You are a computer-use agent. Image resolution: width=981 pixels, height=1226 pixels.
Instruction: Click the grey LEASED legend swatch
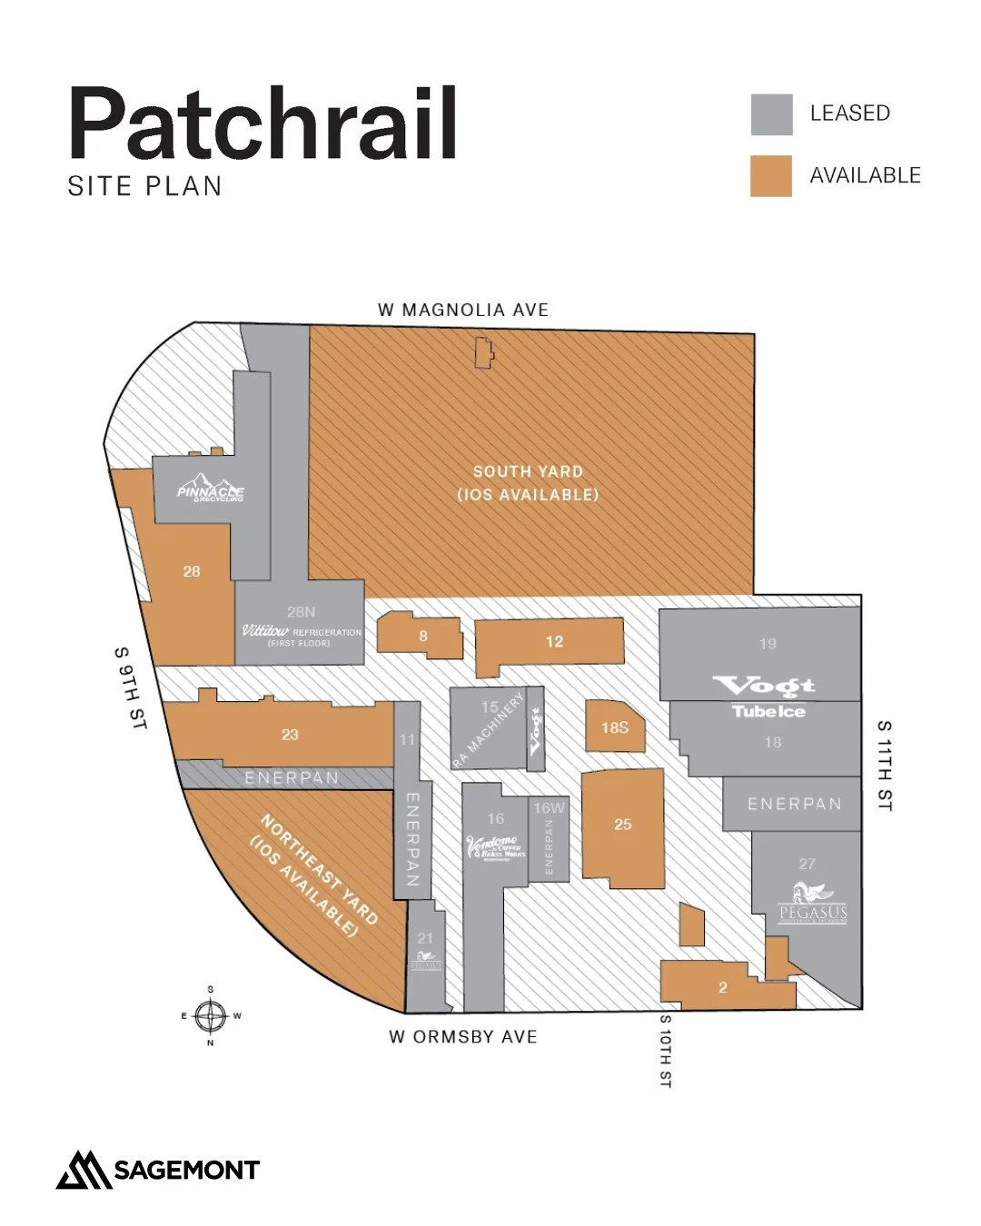(x=771, y=114)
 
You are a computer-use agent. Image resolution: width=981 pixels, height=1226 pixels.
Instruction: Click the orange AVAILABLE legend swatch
(x=771, y=176)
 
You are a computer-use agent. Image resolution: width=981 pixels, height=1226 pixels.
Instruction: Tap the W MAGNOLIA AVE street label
(x=463, y=311)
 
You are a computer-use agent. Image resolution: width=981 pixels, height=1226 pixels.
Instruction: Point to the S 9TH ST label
(x=130, y=688)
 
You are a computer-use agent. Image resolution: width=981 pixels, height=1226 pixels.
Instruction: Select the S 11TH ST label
(x=884, y=765)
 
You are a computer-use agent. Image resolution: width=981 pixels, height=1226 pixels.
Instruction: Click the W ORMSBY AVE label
(x=463, y=1037)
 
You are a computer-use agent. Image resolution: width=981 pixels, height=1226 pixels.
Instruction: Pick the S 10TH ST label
(x=666, y=1051)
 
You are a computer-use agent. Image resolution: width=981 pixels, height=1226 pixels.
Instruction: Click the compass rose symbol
(x=211, y=1016)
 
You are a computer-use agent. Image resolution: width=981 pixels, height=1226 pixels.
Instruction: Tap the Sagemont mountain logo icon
(x=84, y=1170)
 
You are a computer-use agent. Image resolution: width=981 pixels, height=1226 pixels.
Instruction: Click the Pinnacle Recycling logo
(x=211, y=489)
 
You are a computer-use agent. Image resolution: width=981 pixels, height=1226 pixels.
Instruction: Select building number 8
(x=423, y=637)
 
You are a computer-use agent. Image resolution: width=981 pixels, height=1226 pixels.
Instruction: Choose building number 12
(x=554, y=642)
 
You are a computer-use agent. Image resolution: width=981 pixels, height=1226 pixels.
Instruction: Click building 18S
(x=615, y=727)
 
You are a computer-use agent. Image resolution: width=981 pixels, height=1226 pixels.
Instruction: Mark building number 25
(x=622, y=825)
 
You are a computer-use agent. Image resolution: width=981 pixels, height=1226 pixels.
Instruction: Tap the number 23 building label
(x=290, y=735)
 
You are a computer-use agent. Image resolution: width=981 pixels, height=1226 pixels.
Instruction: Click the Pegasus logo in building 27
(x=813, y=903)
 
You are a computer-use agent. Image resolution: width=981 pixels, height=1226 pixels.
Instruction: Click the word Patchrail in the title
(x=263, y=124)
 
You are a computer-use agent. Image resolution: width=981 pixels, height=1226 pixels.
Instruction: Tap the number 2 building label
(x=723, y=988)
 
